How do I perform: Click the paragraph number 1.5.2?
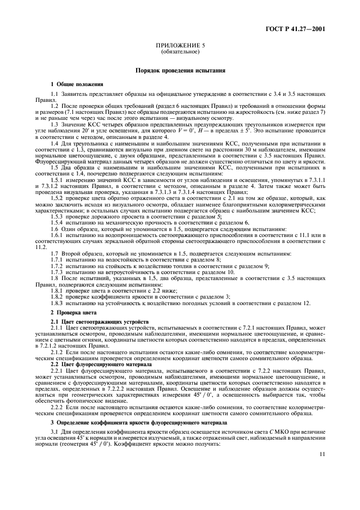57,199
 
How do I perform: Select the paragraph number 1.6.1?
57,234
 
